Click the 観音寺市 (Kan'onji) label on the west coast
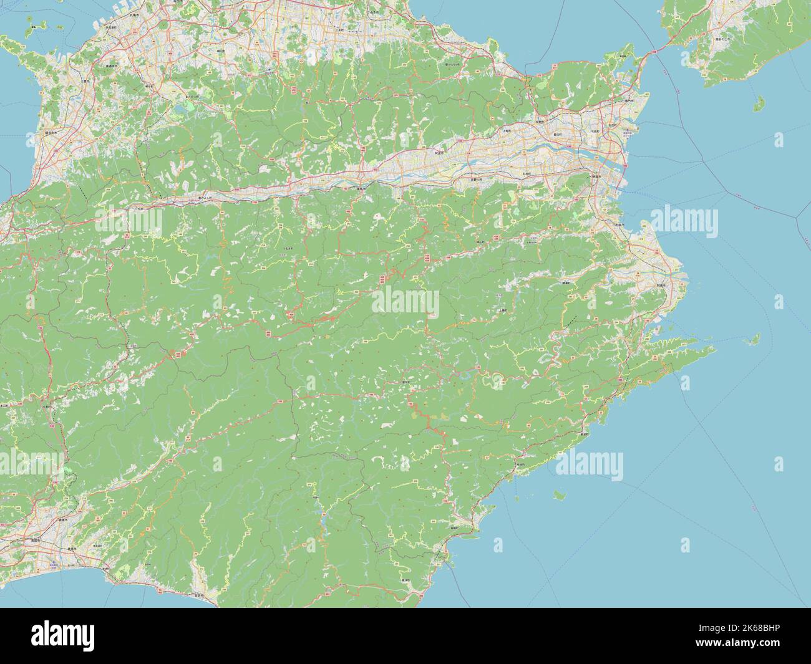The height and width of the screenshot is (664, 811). (x=52, y=132)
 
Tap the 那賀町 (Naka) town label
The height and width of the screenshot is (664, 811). (x=409, y=382)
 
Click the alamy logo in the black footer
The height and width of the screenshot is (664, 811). (x=62, y=636)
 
